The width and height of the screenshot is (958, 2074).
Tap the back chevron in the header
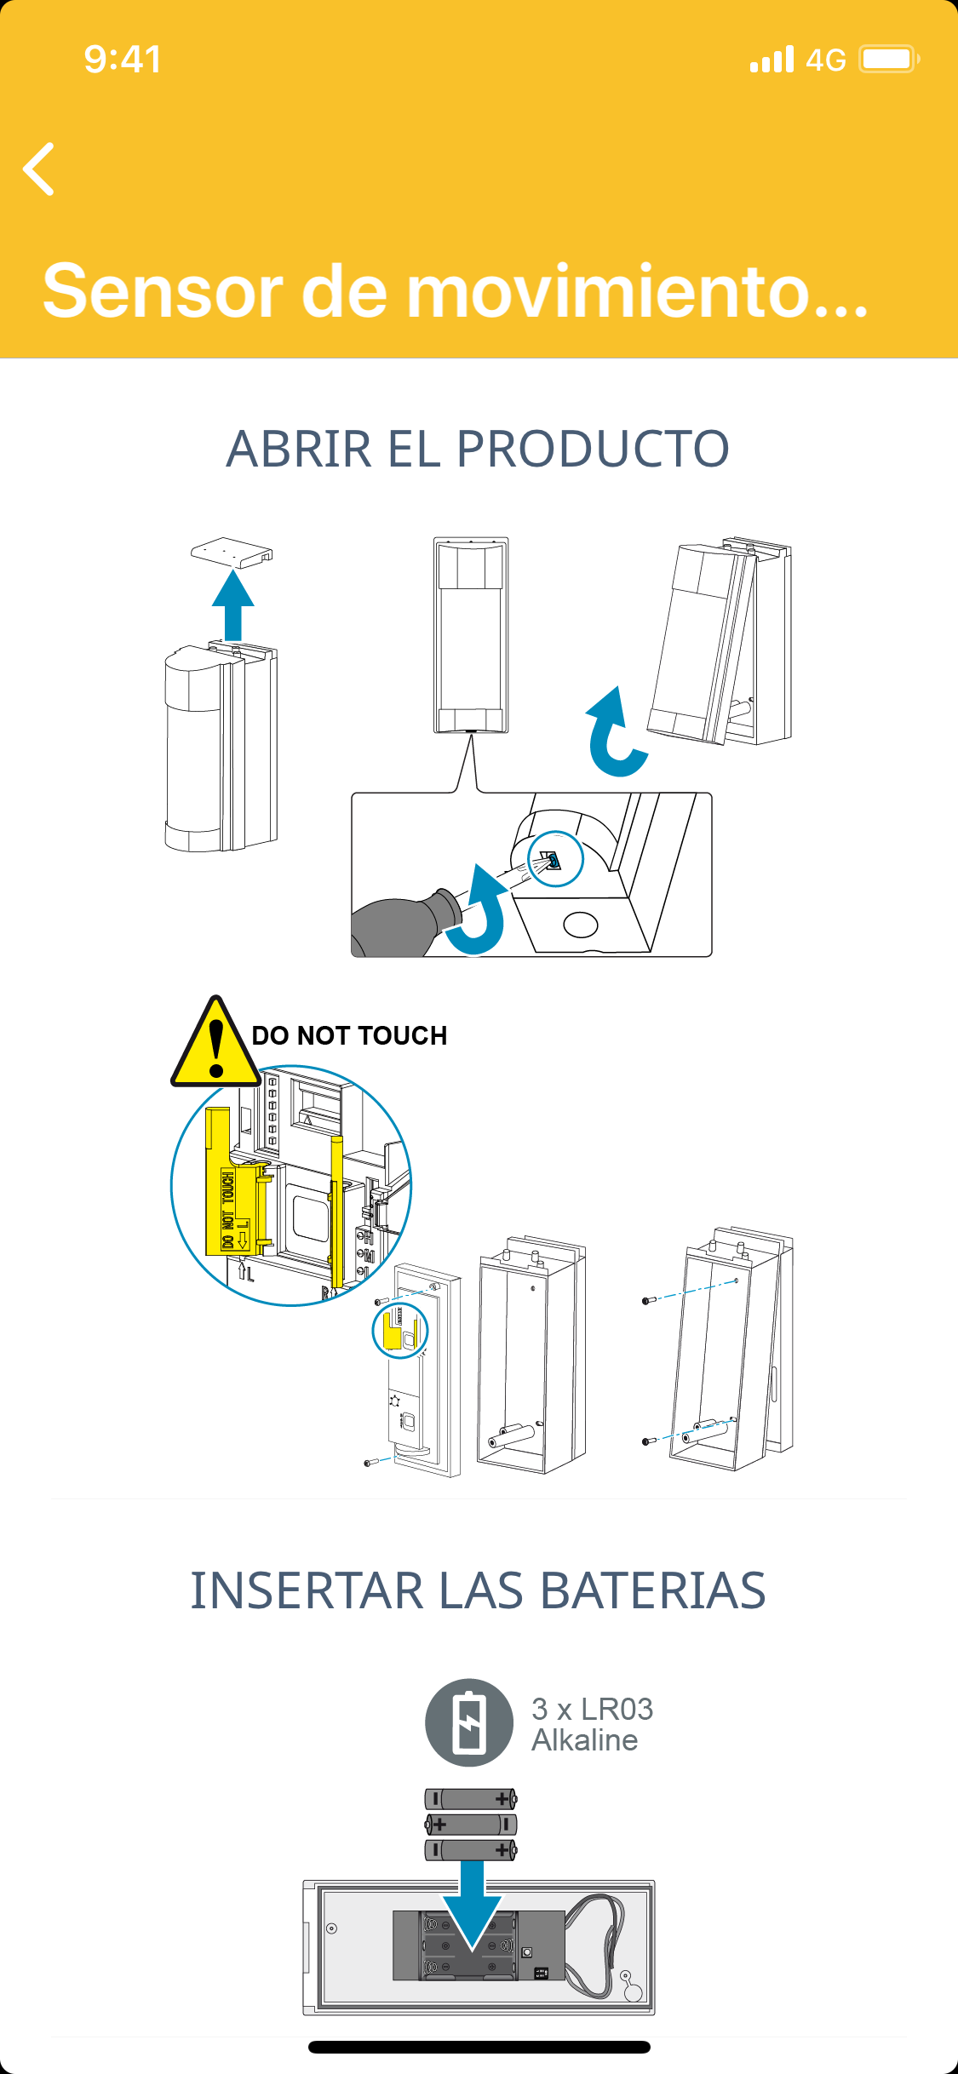click(39, 169)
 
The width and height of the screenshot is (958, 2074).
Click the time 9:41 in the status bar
click(123, 60)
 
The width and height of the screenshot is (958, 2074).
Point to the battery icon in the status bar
click(887, 60)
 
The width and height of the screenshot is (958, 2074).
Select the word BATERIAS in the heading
click(652, 1590)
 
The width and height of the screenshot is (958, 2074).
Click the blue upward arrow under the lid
click(232, 604)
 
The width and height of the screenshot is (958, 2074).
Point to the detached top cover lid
click(232, 552)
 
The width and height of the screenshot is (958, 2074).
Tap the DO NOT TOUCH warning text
click(349, 1035)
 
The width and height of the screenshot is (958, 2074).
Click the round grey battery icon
click(469, 1722)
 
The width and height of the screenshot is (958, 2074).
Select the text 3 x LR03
click(592, 1709)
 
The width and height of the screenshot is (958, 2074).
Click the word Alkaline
click(584, 1740)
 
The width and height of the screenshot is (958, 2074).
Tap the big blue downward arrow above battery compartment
click(472, 1904)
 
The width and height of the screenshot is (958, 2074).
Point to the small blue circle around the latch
click(555, 859)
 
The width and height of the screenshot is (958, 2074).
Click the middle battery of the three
click(471, 1825)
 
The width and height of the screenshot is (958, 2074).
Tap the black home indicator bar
click(479, 2047)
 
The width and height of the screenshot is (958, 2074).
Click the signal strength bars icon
click(772, 60)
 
